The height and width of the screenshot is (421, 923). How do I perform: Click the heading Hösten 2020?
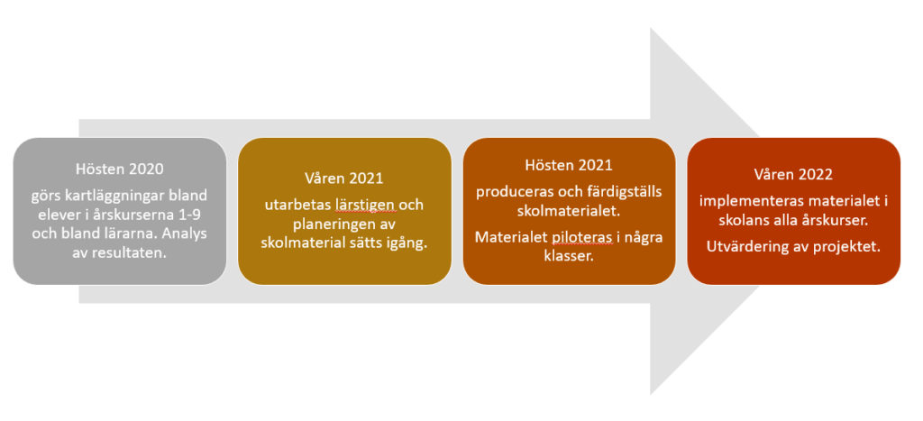click(120, 169)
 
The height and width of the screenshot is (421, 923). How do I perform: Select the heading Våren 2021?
click(345, 178)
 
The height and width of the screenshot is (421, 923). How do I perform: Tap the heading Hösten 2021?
click(569, 166)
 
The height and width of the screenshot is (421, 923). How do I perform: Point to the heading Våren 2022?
click(793, 175)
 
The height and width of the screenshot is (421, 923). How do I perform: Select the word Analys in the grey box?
click(185, 233)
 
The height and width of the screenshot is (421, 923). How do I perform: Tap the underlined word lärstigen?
click(369, 205)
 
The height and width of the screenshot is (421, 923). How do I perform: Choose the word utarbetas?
click(300, 205)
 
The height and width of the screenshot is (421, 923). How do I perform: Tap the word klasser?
click(569, 256)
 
